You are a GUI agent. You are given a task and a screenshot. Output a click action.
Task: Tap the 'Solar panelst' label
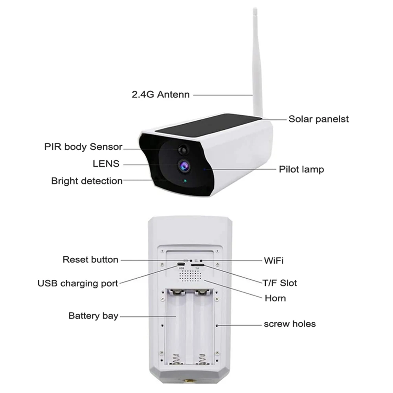tap(318, 119)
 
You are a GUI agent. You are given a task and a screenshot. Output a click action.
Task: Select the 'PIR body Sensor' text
tap(83, 147)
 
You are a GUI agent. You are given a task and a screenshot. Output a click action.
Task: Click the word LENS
tap(106, 164)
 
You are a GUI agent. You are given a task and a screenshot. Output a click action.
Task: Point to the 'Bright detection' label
tap(87, 181)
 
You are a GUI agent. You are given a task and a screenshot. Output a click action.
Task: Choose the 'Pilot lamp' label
tap(301, 169)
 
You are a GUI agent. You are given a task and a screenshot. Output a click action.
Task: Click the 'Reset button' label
tap(90, 260)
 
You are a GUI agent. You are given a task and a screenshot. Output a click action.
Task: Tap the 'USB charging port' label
tap(78, 283)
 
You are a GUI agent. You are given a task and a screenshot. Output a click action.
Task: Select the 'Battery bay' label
tap(93, 316)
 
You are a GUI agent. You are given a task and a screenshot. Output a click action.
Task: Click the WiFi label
tap(274, 261)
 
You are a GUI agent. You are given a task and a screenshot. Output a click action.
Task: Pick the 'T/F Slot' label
tap(279, 283)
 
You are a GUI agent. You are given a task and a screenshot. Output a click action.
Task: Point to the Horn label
tap(275, 298)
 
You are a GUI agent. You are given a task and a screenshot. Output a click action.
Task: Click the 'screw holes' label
tap(290, 324)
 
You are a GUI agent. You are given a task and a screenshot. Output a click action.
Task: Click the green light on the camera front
tap(185, 181)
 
